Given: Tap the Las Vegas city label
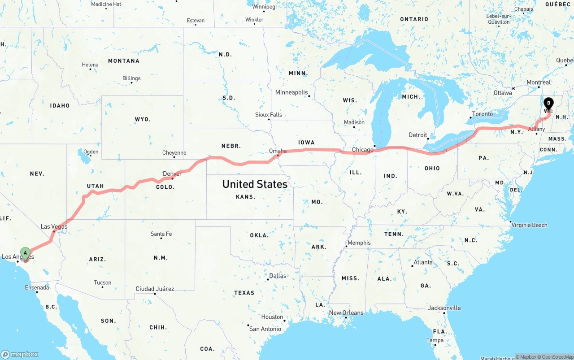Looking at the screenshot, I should tap(54, 226).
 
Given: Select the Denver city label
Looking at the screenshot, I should tap(172, 173).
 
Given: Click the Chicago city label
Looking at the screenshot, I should tap(362, 150).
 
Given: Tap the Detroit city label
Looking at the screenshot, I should tap(417, 135).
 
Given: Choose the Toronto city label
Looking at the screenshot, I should tap(483, 114).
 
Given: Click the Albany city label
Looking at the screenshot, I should tap(536, 129).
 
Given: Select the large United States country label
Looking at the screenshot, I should tap(255, 184).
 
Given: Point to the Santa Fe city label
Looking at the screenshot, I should tap(161, 234).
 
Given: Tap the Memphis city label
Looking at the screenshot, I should tap(359, 243).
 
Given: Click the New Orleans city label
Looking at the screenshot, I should tap(346, 312).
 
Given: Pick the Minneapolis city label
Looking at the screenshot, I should tap(291, 92).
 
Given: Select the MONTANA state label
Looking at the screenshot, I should tap(124, 61).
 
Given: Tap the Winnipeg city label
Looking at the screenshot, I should tap(263, 7).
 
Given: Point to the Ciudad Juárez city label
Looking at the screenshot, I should tap(155, 289).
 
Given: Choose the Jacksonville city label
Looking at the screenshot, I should tap(444, 308).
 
